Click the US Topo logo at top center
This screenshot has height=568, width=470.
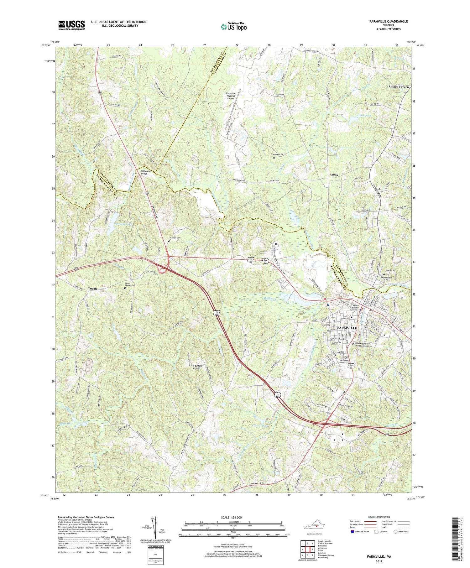pos(233,27)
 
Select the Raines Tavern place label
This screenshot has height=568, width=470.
pos(399,87)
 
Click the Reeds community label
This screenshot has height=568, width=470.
pos(333,175)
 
